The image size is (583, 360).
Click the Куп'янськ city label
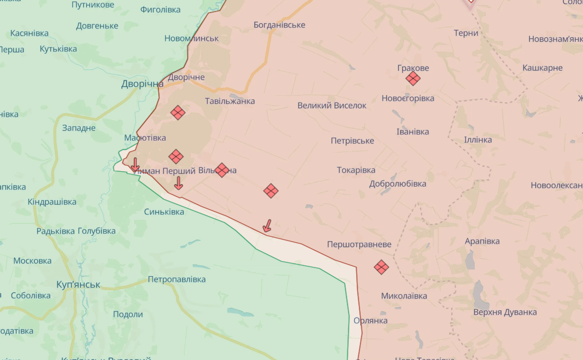click(x=78, y=284)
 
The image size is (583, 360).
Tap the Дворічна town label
click(x=142, y=84)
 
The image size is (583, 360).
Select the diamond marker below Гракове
click(x=412, y=79)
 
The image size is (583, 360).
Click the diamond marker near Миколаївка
click(x=381, y=267)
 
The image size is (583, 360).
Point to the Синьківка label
click(x=164, y=212)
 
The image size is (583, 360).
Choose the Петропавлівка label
click(x=177, y=279)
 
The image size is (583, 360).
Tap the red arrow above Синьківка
click(x=178, y=183)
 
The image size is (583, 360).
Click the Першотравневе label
click(x=359, y=244)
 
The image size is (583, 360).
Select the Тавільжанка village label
click(x=230, y=101)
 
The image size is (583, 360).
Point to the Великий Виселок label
click(x=332, y=106)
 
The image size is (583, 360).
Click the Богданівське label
click(x=279, y=25)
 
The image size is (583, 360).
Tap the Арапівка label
click(x=482, y=242)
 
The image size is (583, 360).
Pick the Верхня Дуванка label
click(x=505, y=312)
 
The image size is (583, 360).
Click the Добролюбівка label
click(x=397, y=184)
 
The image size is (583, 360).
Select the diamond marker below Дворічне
click(x=178, y=112)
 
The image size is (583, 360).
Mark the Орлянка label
click(x=371, y=321)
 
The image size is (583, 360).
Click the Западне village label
click(x=79, y=128)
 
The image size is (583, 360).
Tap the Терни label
click(x=466, y=33)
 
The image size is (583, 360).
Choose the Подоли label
click(x=128, y=314)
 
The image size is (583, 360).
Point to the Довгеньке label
click(x=97, y=26)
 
